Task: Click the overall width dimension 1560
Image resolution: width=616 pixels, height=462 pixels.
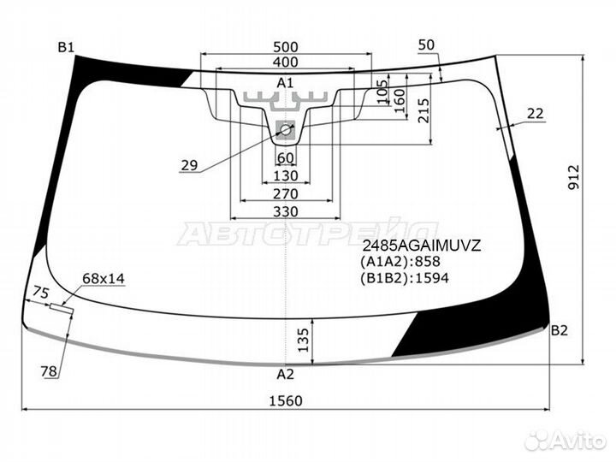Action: click(x=286, y=400)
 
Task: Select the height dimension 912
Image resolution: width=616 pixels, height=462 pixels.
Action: click(x=574, y=177)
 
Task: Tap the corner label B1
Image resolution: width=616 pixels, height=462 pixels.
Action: click(x=66, y=48)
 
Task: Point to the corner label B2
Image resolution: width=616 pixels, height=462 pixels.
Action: click(x=560, y=330)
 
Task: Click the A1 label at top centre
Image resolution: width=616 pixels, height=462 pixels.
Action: click(x=285, y=83)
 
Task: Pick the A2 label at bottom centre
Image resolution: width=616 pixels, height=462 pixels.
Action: click(x=285, y=375)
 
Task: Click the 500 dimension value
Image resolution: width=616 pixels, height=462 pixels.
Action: click(x=286, y=47)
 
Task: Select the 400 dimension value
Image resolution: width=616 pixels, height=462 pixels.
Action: click(x=286, y=62)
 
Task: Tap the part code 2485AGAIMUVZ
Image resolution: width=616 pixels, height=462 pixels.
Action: click(x=422, y=246)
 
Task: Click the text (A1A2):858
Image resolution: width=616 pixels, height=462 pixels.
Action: click(x=400, y=262)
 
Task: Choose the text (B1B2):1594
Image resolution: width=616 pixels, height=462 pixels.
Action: click(x=404, y=278)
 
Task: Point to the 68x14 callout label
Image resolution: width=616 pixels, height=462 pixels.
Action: click(x=104, y=279)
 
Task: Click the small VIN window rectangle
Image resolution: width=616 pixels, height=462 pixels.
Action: click(x=62, y=308)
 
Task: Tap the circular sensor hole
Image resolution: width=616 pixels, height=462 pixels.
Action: click(x=286, y=129)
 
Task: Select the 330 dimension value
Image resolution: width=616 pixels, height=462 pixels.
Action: click(x=286, y=212)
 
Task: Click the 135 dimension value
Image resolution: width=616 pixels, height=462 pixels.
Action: click(x=303, y=340)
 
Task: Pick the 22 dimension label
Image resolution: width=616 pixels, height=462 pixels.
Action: click(x=535, y=114)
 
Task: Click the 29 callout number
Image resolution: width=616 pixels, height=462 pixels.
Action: click(x=189, y=165)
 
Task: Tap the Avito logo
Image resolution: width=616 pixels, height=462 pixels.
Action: click(x=566, y=441)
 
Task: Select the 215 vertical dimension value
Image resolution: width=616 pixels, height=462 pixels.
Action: click(x=423, y=110)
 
